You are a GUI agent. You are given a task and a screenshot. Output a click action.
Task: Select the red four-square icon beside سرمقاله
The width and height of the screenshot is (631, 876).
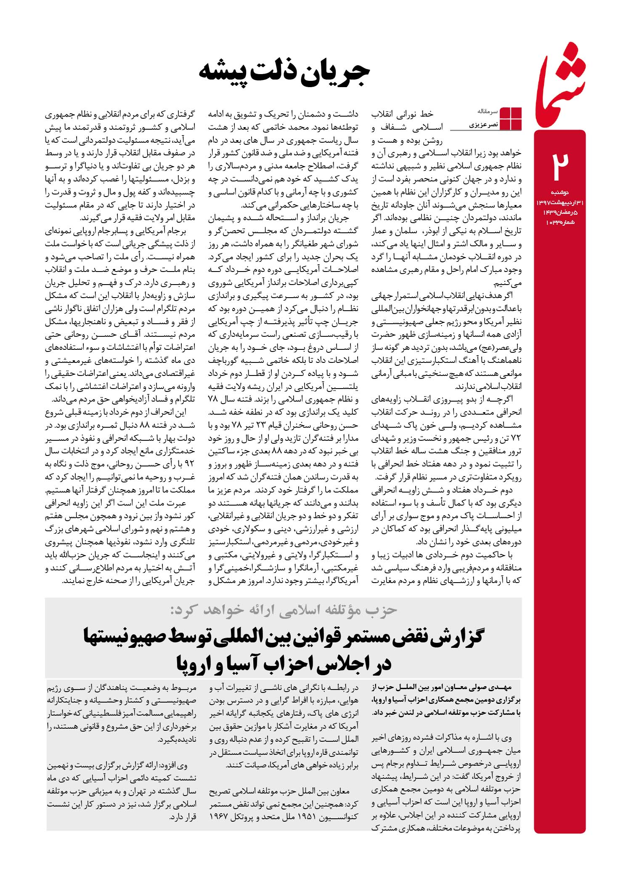[511, 119]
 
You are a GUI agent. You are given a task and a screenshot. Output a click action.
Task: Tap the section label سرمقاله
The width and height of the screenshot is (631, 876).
[488, 112]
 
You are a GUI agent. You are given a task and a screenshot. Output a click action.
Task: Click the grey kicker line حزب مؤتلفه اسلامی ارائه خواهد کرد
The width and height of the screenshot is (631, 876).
[284, 610]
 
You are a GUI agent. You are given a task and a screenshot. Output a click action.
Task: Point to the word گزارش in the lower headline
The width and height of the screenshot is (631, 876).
[454, 637]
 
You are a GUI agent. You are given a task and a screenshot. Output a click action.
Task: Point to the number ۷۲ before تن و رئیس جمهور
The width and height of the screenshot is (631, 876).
[516, 439]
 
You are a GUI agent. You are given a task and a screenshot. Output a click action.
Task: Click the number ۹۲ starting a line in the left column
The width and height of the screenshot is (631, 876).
[189, 465]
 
